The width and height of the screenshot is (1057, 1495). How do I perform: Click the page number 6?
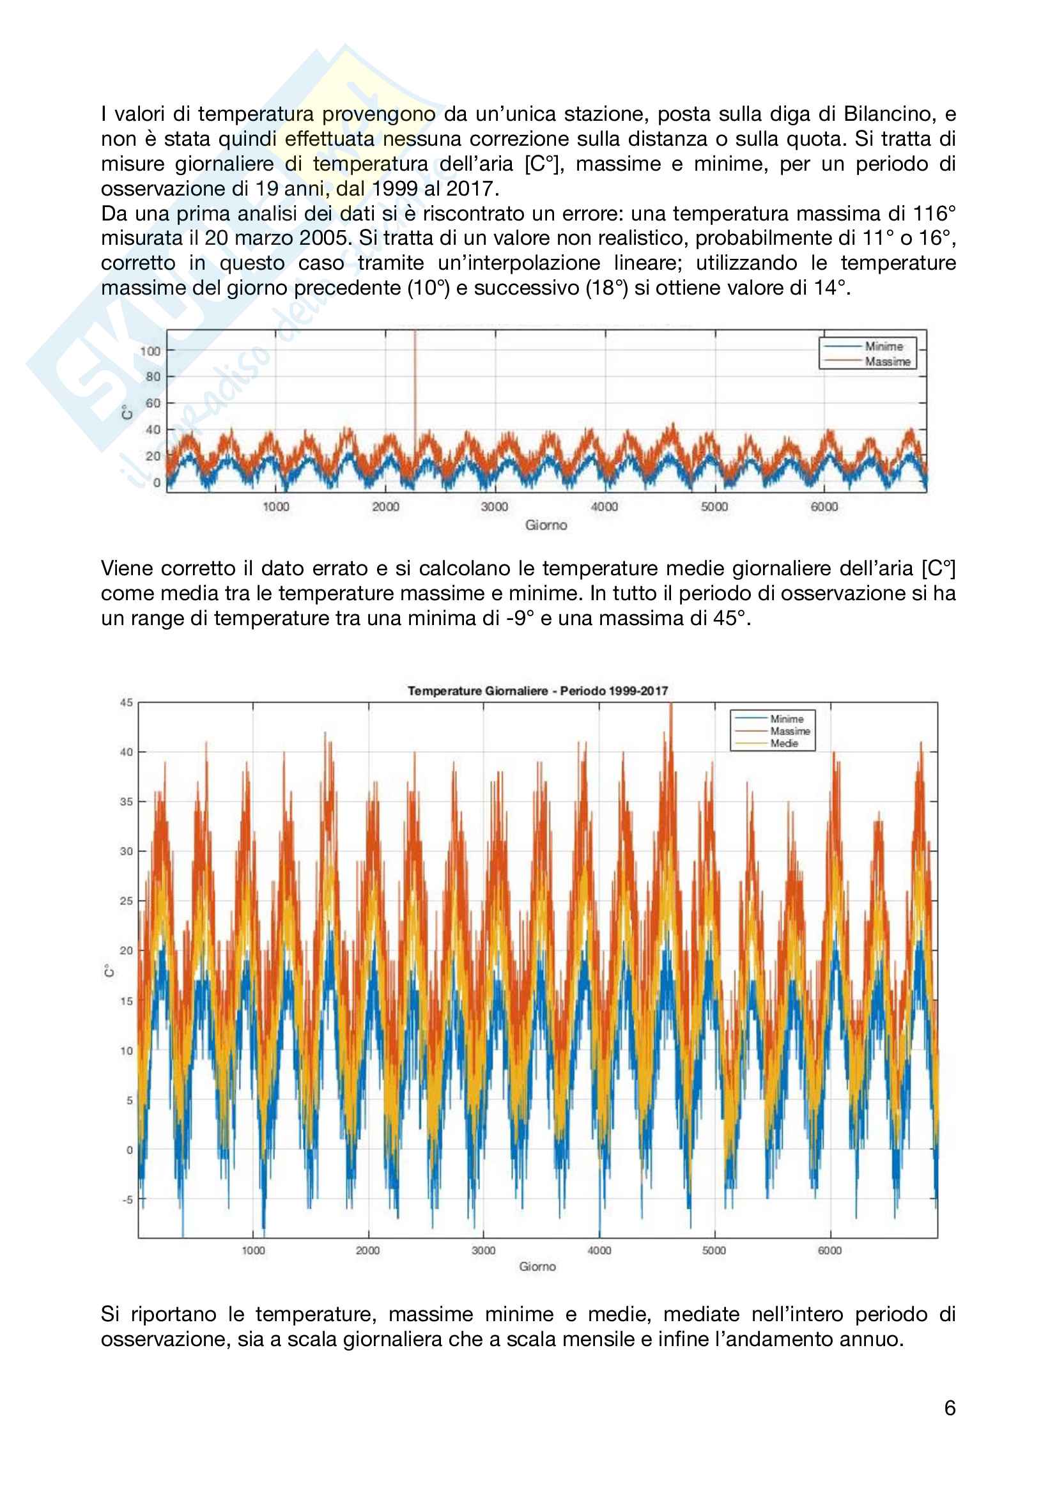point(950,1409)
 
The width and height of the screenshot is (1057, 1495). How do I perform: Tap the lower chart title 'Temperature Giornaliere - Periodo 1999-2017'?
point(537,691)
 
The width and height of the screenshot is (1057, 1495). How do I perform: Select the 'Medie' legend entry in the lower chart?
point(784,743)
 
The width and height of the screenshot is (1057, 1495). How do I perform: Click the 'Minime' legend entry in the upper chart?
point(883,346)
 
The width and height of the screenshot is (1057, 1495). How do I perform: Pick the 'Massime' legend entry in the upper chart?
point(887,361)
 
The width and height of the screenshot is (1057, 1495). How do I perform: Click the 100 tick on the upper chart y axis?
point(150,351)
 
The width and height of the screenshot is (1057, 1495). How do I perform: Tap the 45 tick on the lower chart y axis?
point(127,702)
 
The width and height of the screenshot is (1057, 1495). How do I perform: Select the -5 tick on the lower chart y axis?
point(127,1199)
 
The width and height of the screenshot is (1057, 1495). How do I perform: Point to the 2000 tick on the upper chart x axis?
point(385,507)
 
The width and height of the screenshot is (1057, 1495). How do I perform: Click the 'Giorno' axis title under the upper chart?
point(546,525)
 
